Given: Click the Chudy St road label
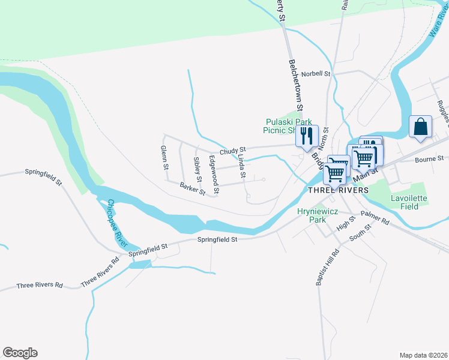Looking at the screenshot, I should point(233,151).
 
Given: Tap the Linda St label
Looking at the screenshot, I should point(241,167).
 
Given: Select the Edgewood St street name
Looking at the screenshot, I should point(213,175).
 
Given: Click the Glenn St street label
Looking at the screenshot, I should point(163,157).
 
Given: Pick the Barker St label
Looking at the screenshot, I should point(192,189).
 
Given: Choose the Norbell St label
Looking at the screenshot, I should point(316,74).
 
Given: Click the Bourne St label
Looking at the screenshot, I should point(429,159).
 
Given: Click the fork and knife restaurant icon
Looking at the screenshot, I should point(307,136).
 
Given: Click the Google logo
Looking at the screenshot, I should point(20,353).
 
